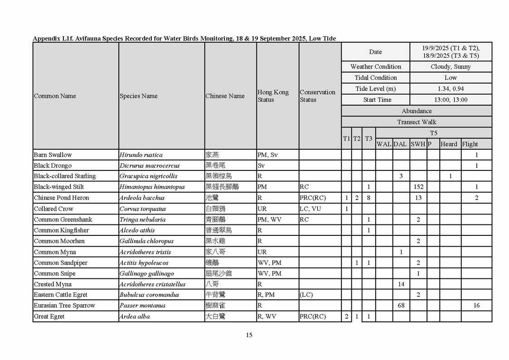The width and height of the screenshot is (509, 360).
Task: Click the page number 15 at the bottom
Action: pos(249,335)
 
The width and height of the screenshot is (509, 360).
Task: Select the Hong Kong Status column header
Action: pos(273,96)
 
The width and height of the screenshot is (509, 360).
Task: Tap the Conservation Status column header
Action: pos(317,96)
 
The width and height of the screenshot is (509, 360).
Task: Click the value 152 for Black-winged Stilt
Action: pos(418,187)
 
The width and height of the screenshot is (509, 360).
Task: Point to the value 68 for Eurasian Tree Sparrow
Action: pos(401,306)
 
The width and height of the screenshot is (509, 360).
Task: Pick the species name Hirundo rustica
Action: pos(141,155)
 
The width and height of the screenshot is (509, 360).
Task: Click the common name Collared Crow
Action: pos(53,209)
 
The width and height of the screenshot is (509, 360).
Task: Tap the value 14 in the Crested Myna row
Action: pos(401,284)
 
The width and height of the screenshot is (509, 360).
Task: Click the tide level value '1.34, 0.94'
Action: pos(451,89)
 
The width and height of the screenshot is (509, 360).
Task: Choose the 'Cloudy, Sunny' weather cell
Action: pos(451,67)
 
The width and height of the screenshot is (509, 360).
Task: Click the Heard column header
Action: pos(449,144)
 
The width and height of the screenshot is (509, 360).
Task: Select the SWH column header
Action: pos(417,144)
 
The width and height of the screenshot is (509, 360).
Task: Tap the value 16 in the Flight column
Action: pos(476,306)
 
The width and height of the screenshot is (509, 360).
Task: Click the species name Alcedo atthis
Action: pos(137,230)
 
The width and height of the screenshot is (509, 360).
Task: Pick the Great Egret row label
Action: pos(49,316)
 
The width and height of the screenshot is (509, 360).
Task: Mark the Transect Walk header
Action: pos(416,122)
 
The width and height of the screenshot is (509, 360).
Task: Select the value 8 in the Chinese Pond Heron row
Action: pos(368,198)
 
